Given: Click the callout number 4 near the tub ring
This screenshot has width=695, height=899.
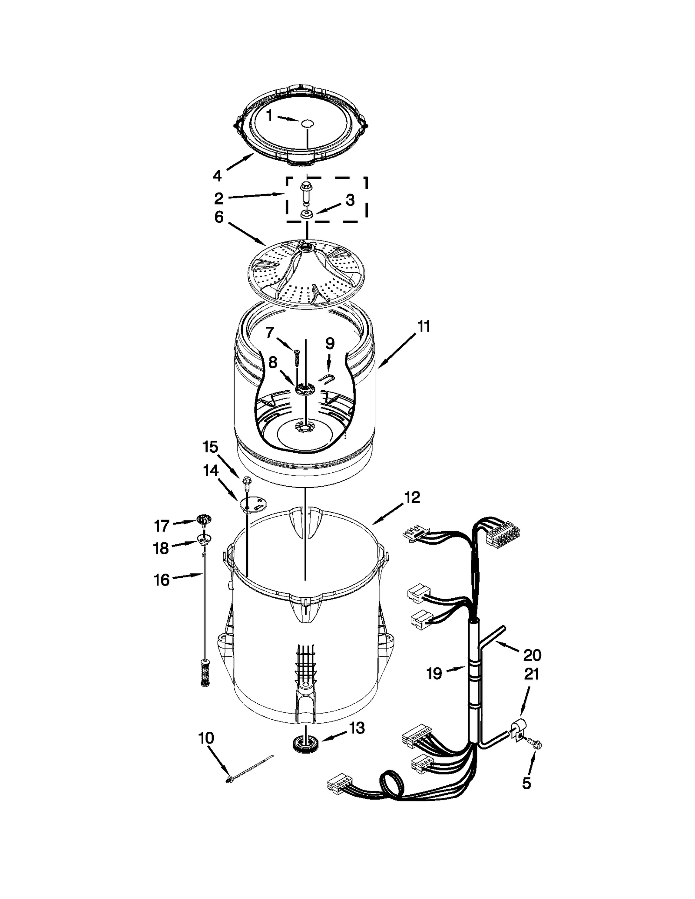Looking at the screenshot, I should tap(217, 175).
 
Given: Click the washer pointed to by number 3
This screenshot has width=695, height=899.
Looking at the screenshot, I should tap(307, 214).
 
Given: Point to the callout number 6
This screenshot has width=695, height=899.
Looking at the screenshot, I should tap(218, 217).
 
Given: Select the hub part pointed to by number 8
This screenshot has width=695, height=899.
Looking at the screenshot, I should tap(304, 389).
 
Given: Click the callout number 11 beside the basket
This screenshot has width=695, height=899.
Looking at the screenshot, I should tap(424, 326).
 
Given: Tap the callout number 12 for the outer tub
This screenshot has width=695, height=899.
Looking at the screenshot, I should tap(412, 497).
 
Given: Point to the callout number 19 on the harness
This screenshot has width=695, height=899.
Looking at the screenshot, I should tap(434, 673).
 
